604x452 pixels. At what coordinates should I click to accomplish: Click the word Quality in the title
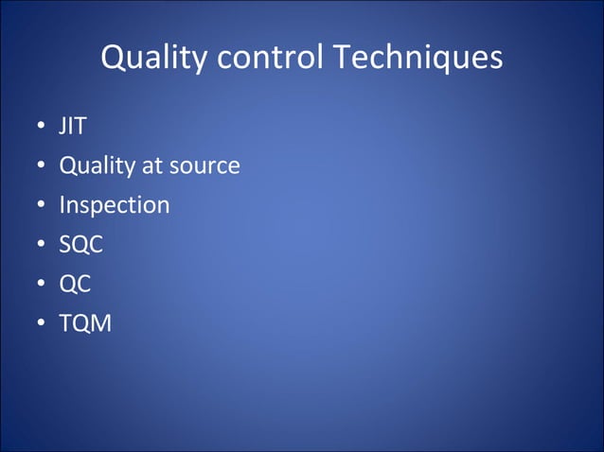tap(154, 59)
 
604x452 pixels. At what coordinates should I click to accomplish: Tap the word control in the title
tap(271, 59)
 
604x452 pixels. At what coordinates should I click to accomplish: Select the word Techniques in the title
tap(417, 59)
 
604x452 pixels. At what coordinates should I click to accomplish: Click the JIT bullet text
tap(73, 127)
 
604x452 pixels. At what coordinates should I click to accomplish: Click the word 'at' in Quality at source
tap(152, 166)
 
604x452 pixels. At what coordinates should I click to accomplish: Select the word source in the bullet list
tap(204, 166)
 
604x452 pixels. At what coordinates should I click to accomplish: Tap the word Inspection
tap(115, 205)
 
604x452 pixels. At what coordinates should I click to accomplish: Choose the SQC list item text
tap(80, 245)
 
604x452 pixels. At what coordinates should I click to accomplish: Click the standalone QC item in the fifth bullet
tap(75, 285)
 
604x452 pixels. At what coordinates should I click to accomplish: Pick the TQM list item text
tap(85, 324)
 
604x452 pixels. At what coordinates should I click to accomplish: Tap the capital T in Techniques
tap(341, 59)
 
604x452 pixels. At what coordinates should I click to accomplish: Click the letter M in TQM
tap(100, 324)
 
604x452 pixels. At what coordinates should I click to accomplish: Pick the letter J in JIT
tap(63, 127)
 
